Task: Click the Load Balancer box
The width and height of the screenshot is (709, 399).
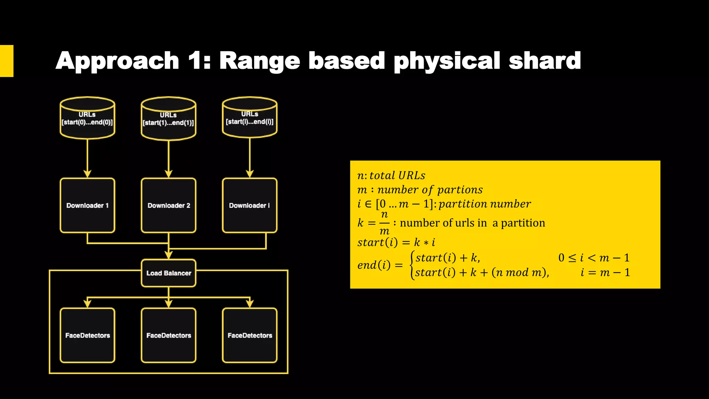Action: tap(169, 273)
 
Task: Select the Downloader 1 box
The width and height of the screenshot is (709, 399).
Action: tap(87, 205)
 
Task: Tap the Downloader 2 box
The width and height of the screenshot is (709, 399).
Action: tap(169, 205)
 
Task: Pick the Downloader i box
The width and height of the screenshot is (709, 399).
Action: tap(250, 205)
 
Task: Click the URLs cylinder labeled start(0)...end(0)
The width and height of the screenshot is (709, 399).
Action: tap(87, 118)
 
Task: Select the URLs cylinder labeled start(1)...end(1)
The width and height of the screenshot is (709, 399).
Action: tap(169, 119)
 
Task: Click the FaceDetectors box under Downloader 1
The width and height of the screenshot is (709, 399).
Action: tap(87, 335)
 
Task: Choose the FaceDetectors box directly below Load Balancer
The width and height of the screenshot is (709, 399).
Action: tap(169, 335)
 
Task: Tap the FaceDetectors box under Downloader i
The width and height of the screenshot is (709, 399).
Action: tap(250, 335)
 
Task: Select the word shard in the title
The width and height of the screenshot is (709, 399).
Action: tap(545, 61)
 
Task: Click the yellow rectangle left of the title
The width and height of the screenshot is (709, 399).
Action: tap(7, 61)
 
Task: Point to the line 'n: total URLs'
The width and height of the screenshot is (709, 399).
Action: tap(391, 176)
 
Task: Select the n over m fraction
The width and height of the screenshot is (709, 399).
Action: tap(384, 223)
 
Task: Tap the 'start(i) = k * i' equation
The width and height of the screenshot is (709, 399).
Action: tap(396, 242)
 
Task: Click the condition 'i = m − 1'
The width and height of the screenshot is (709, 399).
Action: tap(605, 273)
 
